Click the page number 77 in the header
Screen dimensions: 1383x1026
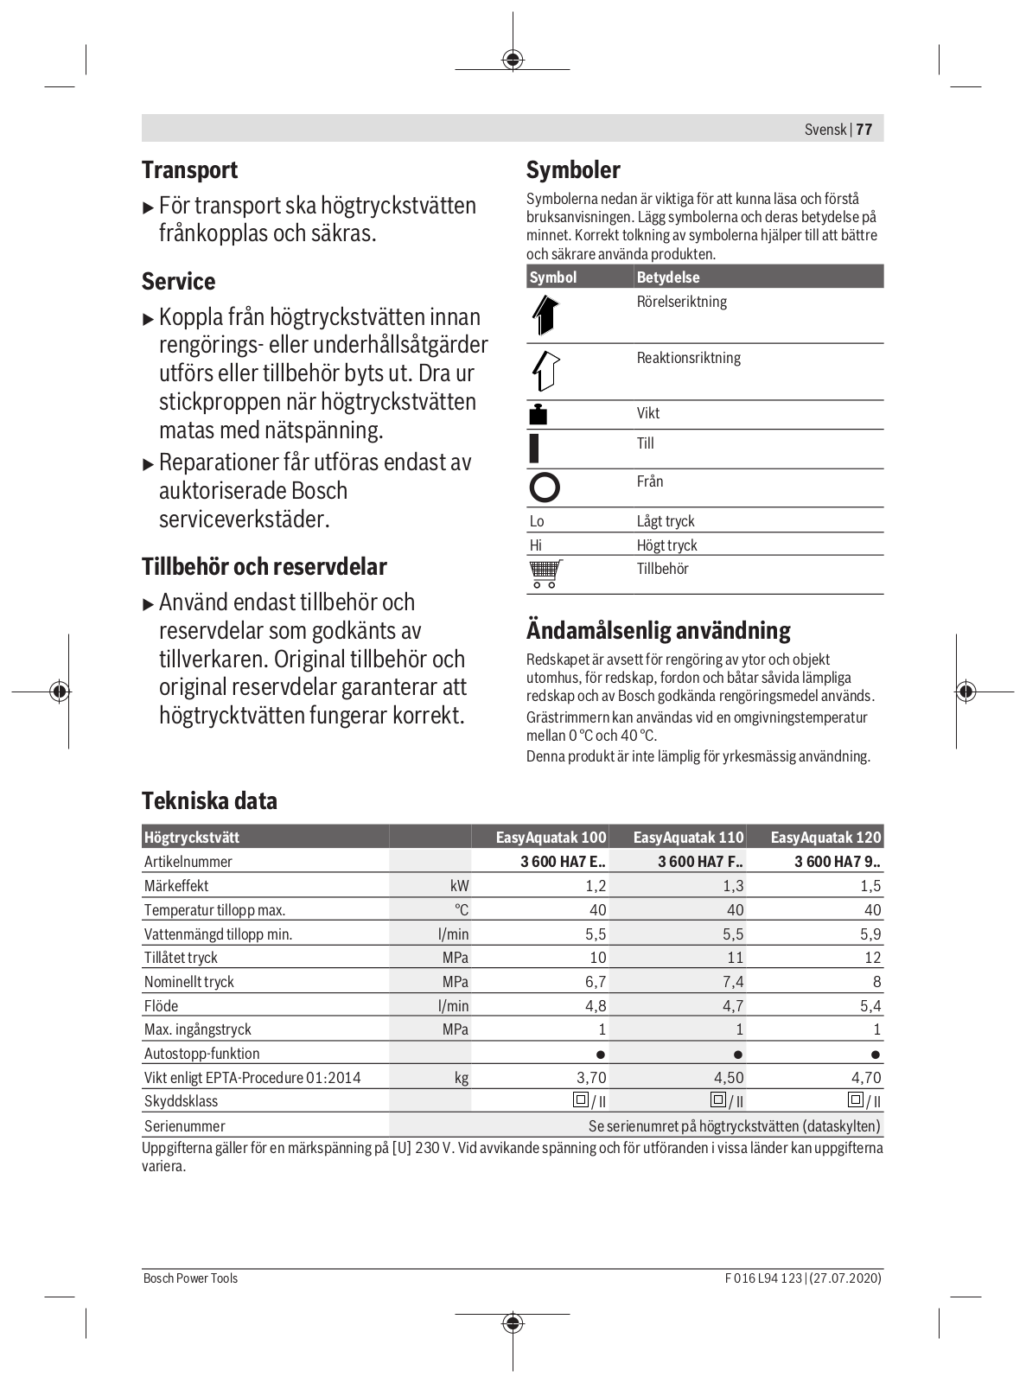pyautogui.click(x=864, y=130)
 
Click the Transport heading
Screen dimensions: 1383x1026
pyautogui.click(x=189, y=169)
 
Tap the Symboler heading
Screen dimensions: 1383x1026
pyautogui.click(x=573, y=169)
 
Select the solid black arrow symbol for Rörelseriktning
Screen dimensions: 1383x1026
pyautogui.click(x=545, y=315)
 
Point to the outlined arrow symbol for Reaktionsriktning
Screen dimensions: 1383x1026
pyautogui.click(x=545, y=371)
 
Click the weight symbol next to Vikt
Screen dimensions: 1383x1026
pyautogui.click(x=538, y=414)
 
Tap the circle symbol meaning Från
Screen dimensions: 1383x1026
pyautogui.click(x=545, y=488)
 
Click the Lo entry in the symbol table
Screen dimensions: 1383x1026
pyautogui.click(x=537, y=521)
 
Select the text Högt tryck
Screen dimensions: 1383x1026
pyautogui.click(x=666, y=545)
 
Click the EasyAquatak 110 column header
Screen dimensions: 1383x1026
pyautogui.click(x=688, y=838)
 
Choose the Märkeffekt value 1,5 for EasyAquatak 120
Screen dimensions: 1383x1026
pyautogui.click(x=870, y=886)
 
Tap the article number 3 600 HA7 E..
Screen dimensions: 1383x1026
pyautogui.click(x=563, y=862)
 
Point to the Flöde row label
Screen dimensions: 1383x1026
pyautogui.click(x=161, y=1006)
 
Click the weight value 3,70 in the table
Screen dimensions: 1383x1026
pyautogui.click(x=591, y=1078)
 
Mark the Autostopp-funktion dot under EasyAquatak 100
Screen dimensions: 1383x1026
pyautogui.click(x=601, y=1055)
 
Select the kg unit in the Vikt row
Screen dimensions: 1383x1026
pyautogui.click(x=462, y=1078)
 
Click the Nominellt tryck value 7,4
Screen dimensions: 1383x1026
pyautogui.click(x=733, y=982)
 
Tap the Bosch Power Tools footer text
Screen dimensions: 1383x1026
pyautogui.click(x=190, y=1278)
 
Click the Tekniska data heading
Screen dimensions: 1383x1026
pyautogui.click(x=209, y=800)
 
